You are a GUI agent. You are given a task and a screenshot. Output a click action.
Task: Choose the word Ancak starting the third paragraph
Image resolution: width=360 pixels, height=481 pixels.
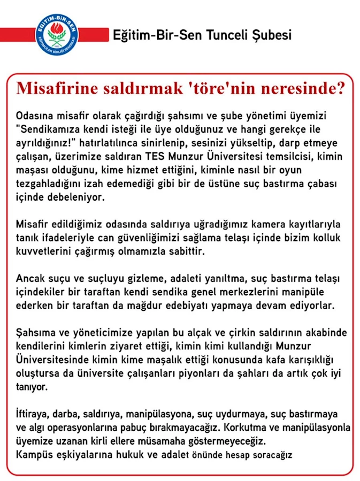click(29, 279)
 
